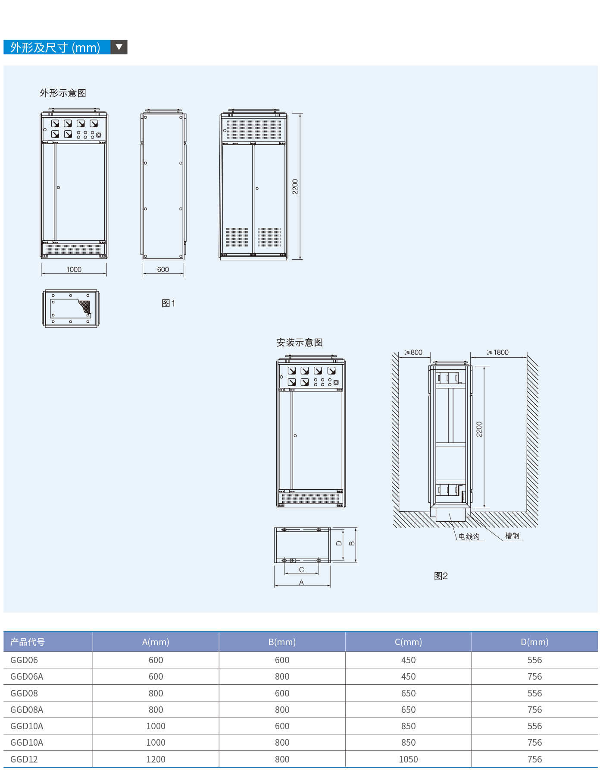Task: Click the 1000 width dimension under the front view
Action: (x=74, y=269)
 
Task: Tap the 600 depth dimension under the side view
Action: (x=163, y=269)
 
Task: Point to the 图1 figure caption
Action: (x=169, y=303)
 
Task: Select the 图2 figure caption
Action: (x=441, y=576)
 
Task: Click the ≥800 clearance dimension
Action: (x=413, y=352)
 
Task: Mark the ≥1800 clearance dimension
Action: (x=498, y=352)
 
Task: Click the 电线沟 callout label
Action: (x=469, y=536)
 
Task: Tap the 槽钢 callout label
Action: (x=512, y=535)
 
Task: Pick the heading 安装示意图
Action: (x=300, y=343)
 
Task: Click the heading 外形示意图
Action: (x=63, y=93)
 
